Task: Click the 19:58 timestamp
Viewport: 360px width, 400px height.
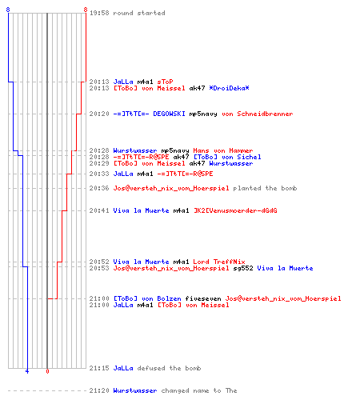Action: (x=99, y=13)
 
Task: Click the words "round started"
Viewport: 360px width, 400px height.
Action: (x=139, y=13)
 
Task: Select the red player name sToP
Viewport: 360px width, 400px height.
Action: (x=165, y=82)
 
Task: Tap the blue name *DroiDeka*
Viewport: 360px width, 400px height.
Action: (x=229, y=88)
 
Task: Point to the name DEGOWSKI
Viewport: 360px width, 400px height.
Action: (x=169, y=114)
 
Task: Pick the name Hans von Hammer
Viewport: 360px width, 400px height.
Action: (x=223, y=150)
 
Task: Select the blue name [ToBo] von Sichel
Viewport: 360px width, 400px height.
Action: (x=227, y=157)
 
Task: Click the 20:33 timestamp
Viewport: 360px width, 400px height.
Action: (x=99, y=174)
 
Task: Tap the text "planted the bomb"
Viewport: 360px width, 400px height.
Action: (x=265, y=188)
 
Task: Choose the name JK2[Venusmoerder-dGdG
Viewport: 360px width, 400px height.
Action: (x=235, y=210)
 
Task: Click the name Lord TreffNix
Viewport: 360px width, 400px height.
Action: (x=219, y=262)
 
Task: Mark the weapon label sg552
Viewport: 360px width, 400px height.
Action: (x=243, y=268)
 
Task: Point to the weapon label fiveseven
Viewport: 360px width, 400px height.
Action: (x=203, y=298)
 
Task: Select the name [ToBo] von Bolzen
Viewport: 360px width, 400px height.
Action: (x=147, y=298)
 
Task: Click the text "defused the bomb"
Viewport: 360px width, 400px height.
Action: (x=169, y=368)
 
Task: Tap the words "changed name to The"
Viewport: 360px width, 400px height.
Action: (x=199, y=390)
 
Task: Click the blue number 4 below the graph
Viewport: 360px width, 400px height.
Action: (x=27, y=371)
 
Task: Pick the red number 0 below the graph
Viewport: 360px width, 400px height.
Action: (x=47, y=371)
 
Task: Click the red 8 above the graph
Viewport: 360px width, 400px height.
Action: (x=86, y=10)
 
